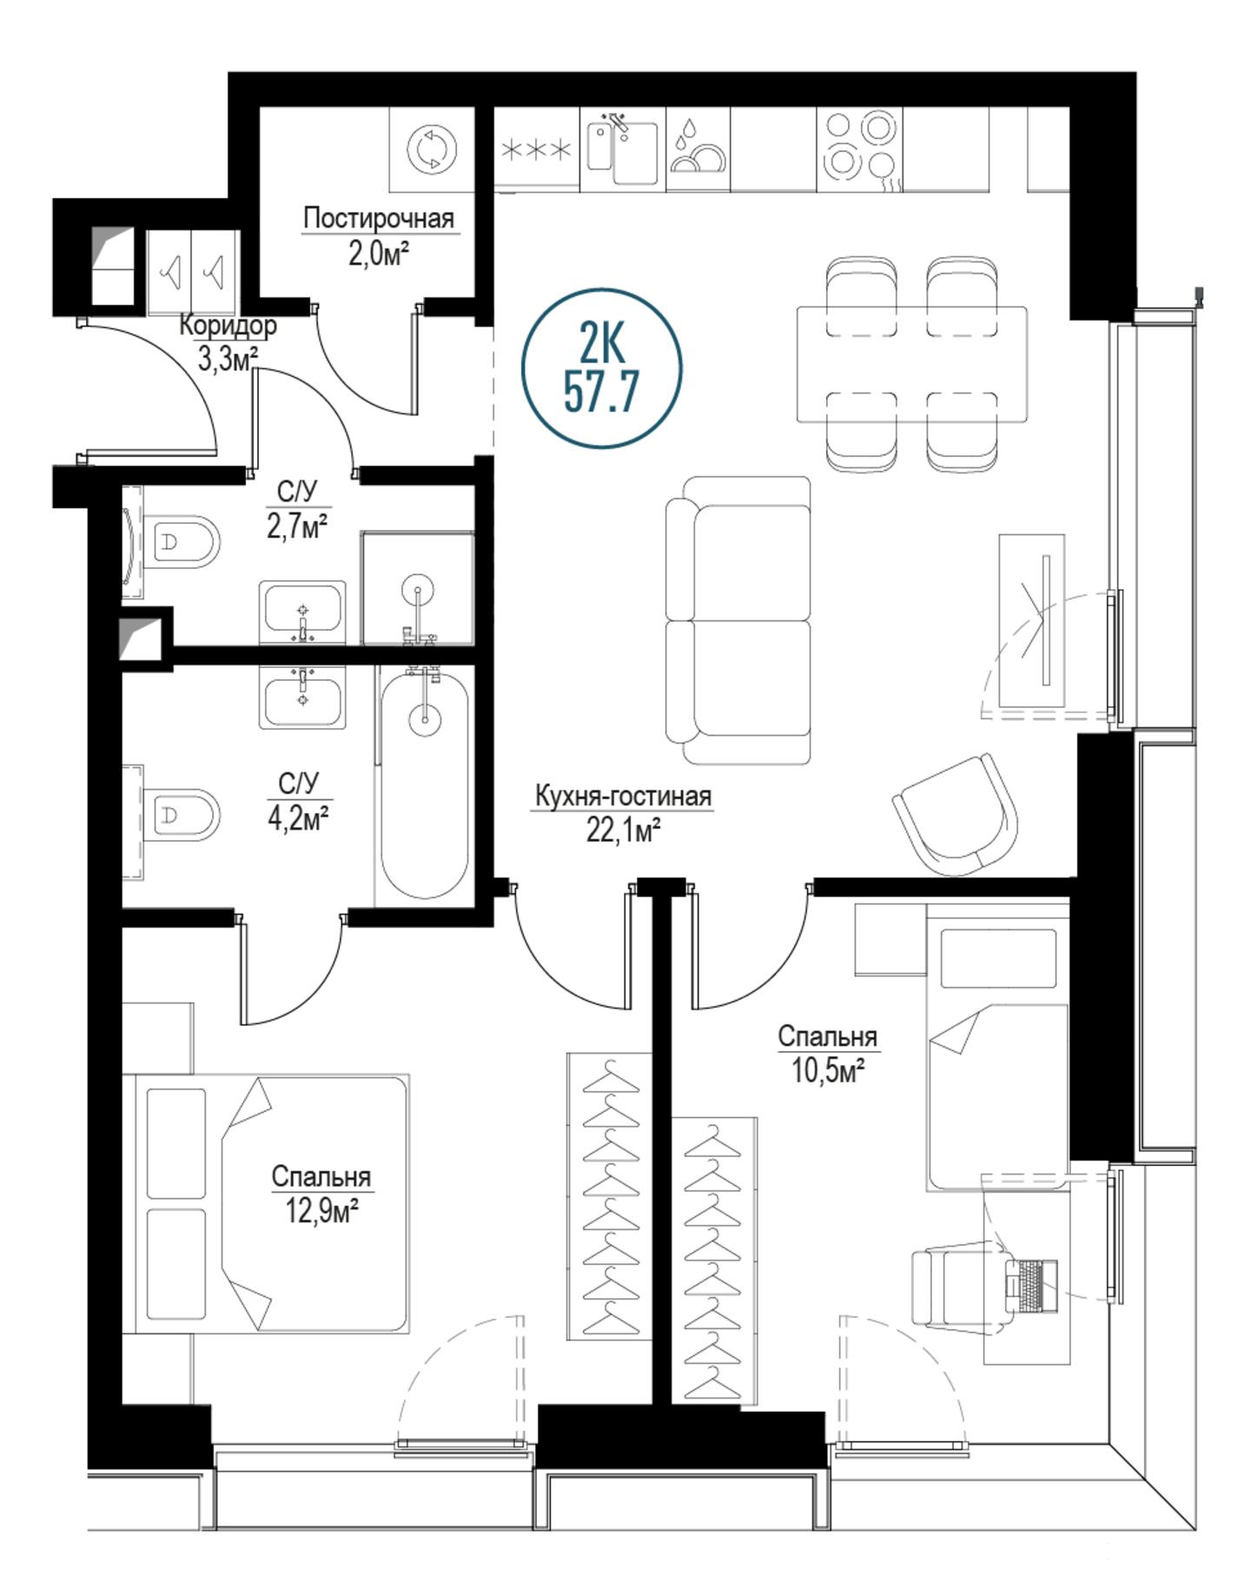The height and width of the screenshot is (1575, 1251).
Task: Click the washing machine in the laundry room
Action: [x=432, y=149]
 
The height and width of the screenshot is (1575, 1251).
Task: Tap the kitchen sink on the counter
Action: [x=622, y=149]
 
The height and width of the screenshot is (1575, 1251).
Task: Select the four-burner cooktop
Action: [x=859, y=149]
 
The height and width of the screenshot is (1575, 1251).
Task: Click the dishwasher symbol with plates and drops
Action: [x=698, y=149]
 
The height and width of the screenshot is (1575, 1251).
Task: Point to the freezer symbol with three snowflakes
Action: [x=538, y=149]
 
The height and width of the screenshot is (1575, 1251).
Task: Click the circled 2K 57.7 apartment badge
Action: [x=602, y=368]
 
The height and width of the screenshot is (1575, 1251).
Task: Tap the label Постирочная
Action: [x=379, y=219]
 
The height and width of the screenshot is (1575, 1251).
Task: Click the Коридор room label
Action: [x=228, y=326]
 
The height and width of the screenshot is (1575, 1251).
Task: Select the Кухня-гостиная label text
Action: [x=623, y=796]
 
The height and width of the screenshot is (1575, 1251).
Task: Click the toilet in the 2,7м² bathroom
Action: [x=182, y=543]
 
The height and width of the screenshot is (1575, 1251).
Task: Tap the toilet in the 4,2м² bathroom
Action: [x=182, y=815]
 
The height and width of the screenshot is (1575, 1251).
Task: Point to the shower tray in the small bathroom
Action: [x=418, y=589]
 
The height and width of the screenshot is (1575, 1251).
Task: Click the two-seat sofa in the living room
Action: [x=738, y=620]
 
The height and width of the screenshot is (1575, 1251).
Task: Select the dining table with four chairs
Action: [x=911, y=364]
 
